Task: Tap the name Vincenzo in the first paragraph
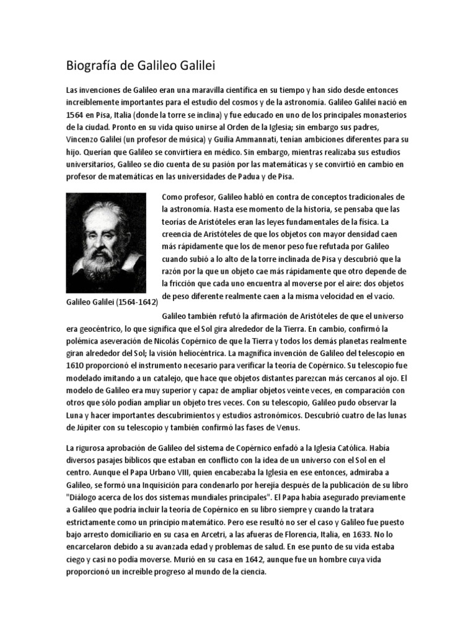pos(84,138)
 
